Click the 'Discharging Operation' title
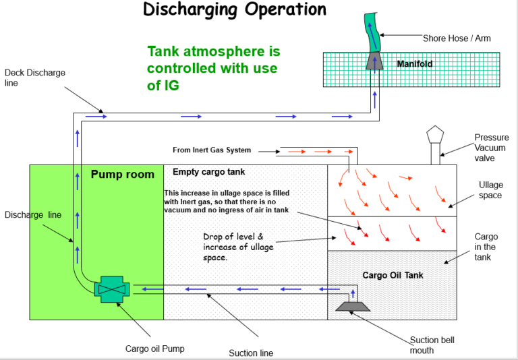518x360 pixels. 235,10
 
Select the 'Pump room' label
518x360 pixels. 122,175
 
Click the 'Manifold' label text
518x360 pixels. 415,64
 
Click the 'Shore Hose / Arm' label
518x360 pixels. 457,38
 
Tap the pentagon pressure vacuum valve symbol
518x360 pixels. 434,138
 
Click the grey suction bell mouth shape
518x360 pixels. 351,307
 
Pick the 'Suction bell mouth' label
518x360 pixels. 432,345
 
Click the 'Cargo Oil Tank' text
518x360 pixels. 393,275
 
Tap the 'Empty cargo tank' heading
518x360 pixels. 209,172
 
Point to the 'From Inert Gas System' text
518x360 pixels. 212,150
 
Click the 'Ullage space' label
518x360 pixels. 490,190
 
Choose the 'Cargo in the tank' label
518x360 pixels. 486,247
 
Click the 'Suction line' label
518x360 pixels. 251,353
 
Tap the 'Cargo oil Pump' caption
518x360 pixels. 154,349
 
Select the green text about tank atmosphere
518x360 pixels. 213,69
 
